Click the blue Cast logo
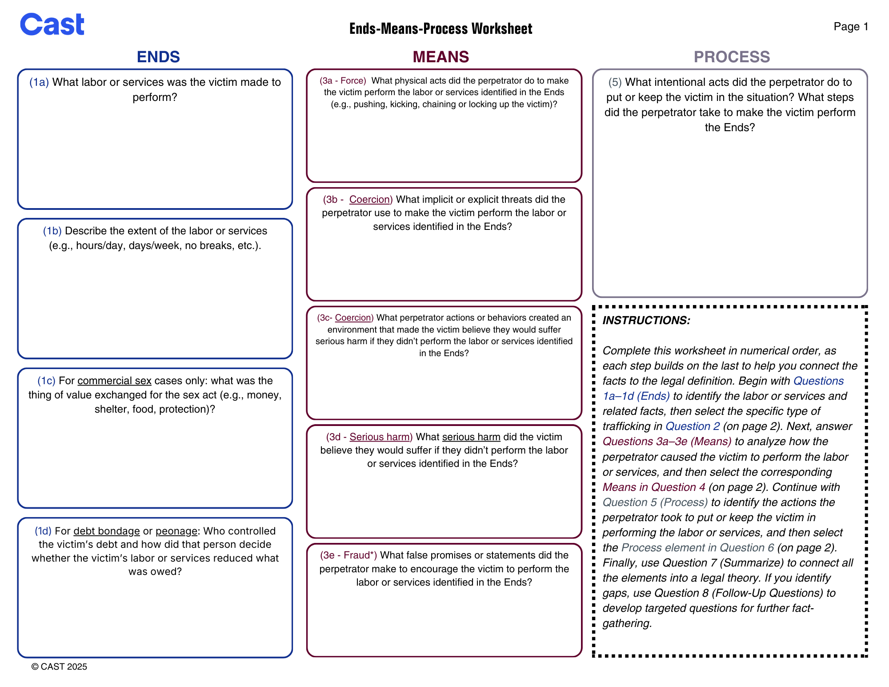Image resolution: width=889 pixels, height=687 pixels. (x=52, y=24)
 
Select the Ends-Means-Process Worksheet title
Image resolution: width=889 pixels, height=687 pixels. (x=440, y=28)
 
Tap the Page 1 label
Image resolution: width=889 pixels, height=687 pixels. (x=851, y=27)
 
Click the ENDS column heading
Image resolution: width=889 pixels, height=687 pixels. (x=158, y=57)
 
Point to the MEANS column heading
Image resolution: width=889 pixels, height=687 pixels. (x=440, y=57)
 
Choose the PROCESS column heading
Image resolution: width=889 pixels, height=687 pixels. (x=732, y=57)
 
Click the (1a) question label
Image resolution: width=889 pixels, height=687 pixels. (x=39, y=82)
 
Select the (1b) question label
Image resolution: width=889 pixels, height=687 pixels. (x=52, y=231)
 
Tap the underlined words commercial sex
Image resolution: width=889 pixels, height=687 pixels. (x=114, y=381)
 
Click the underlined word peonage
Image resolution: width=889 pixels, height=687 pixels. (x=176, y=531)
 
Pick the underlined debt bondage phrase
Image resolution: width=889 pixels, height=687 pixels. (x=107, y=531)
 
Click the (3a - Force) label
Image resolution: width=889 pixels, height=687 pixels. (x=343, y=80)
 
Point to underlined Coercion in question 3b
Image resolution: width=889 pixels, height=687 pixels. (x=370, y=199)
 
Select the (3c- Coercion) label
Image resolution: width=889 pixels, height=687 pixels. (x=345, y=317)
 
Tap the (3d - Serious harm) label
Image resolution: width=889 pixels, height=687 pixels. (x=369, y=437)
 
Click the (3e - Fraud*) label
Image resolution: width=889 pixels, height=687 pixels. (x=348, y=555)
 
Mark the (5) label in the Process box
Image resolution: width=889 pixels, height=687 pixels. (x=615, y=82)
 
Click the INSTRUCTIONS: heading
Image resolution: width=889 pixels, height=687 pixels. (x=646, y=320)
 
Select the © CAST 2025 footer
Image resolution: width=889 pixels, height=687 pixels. (x=59, y=667)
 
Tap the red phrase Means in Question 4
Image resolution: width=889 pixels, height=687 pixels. (x=654, y=487)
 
